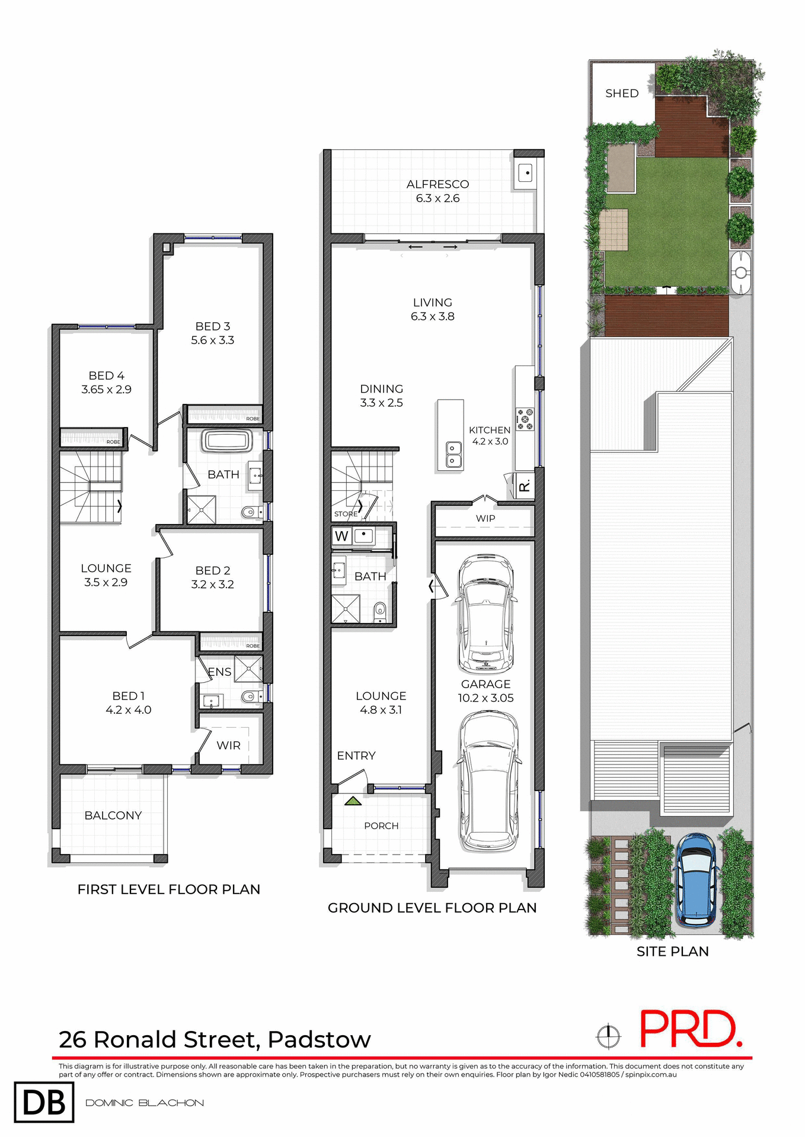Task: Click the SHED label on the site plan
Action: point(621,94)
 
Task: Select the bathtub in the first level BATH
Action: point(227,442)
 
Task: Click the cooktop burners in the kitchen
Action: point(525,419)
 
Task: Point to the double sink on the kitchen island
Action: point(452,454)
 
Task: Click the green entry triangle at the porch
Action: point(353,801)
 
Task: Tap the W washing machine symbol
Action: point(341,537)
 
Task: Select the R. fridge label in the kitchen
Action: point(524,487)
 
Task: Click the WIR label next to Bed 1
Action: point(228,746)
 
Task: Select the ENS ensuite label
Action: point(219,672)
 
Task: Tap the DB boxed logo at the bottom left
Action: point(44,1102)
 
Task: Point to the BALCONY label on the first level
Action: point(113,815)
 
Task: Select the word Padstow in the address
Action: point(319,1040)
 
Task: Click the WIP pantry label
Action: point(485,519)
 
